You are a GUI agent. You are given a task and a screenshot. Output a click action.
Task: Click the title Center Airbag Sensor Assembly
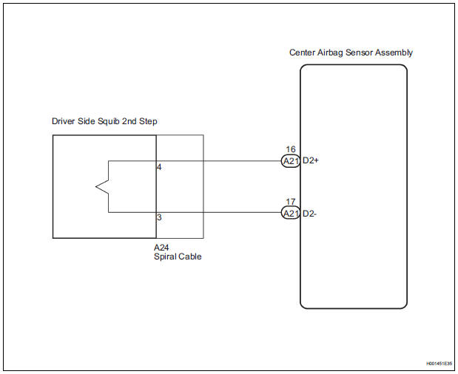(351, 53)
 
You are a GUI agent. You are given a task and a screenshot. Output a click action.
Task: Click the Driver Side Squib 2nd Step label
(104, 121)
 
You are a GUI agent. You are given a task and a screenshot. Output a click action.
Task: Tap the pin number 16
(290, 149)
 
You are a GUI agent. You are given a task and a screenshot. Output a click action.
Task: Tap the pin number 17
(290, 202)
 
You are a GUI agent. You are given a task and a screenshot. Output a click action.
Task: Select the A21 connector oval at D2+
(290, 161)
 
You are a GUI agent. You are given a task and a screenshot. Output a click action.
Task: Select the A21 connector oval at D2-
(290, 214)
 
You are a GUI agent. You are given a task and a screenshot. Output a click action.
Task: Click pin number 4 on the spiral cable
(160, 167)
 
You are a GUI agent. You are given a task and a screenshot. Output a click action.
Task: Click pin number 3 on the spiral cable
(160, 218)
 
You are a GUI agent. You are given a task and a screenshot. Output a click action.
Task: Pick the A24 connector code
(161, 247)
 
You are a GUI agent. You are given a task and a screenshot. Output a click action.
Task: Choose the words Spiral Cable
(178, 256)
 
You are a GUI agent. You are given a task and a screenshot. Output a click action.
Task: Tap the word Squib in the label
(111, 121)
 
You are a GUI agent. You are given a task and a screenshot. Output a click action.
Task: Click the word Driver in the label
(64, 121)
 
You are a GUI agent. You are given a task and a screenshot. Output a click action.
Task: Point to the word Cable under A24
(189, 256)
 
